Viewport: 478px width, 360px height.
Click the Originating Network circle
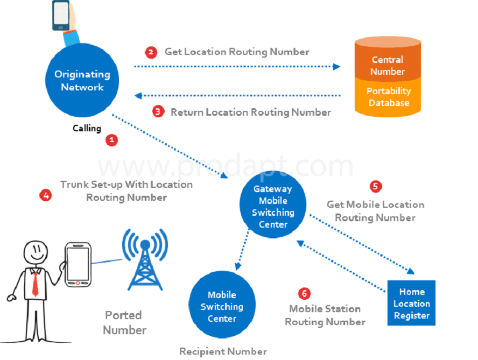(81, 80)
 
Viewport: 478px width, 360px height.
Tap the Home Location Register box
(411, 303)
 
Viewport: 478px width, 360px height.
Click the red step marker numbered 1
(111, 140)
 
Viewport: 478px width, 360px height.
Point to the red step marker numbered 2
(151, 52)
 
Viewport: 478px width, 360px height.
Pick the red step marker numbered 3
(157, 112)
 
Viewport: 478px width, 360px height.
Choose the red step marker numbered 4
(46, 195)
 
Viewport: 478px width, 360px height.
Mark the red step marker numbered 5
(376, 186)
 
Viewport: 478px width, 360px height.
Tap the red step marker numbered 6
(304, 293)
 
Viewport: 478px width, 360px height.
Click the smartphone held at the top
(61, 16)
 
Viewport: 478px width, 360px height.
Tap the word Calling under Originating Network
(87, 129)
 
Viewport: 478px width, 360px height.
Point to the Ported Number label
(124, 322)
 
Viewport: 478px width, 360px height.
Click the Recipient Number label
(223, 351)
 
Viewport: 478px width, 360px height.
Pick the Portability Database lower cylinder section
(388, 97)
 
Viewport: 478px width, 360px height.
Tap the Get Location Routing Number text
(237, 52)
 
